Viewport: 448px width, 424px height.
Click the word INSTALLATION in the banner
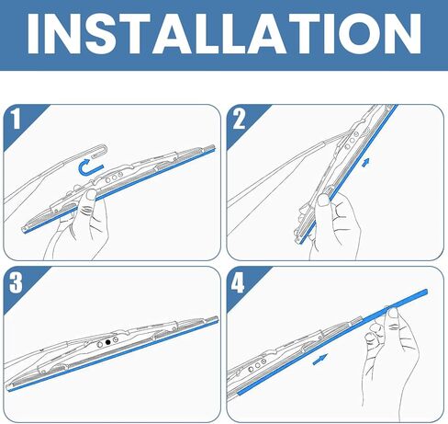coord(224,34)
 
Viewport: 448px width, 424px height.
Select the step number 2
coord(239,119)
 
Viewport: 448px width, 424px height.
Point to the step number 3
coord(16,282)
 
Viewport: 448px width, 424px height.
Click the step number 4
coord(238,282)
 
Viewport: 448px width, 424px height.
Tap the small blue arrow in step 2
coord(365,163)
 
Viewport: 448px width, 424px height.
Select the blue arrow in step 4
coord(320,359)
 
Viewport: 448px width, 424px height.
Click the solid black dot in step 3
coord(107,342)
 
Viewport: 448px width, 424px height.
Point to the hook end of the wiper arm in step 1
coord(103,150)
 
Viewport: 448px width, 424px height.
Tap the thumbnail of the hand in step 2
coord(323,201)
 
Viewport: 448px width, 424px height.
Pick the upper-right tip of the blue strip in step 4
coord(427,291)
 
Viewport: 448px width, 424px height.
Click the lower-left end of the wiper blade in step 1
coord(24,230)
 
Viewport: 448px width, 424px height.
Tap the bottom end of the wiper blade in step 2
coord(298,241)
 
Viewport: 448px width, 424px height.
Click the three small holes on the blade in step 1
coord(114,178)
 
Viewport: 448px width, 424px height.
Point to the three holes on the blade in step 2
coord(352,140)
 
